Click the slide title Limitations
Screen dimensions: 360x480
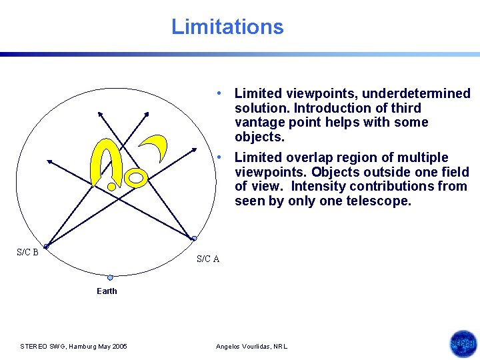pos(227,27)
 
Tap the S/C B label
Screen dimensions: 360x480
pos(27,252)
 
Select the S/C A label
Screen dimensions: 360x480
pos(208,259)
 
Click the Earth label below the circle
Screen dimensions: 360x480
pos(107,291)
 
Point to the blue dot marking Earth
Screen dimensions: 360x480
pos(110,277)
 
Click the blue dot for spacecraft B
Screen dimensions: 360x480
pos(46,246)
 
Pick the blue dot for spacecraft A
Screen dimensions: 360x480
pos(194,238)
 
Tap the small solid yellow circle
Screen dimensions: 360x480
pos(112,187)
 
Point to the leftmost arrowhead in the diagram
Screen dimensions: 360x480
pos(49,161)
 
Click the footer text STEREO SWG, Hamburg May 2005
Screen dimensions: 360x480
pos(73,346)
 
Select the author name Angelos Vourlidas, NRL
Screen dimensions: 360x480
pos(251,346)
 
